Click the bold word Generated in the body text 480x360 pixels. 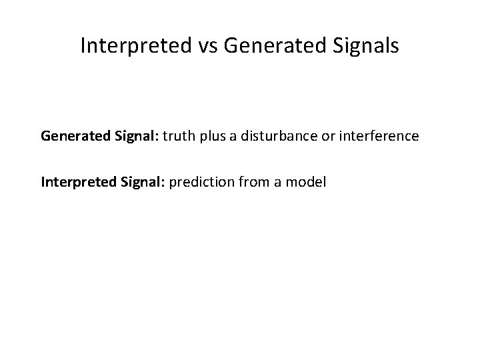point(70,137)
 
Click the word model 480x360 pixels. point(305,181)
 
